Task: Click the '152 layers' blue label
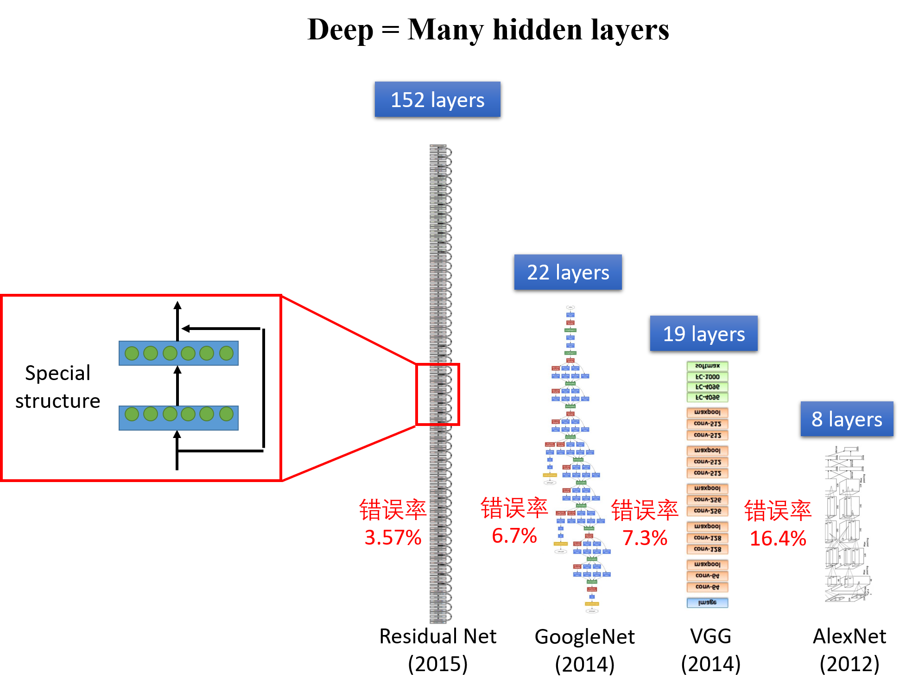[437, 99]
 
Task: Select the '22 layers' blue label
[568, 272]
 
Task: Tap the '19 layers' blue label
[703, 333]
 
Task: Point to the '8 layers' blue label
[847, 419]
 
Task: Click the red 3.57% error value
[393, 538]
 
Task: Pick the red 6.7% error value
[514, 536]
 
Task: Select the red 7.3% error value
[645, 538]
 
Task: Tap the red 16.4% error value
[778, 538]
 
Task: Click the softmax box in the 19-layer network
[707, 366]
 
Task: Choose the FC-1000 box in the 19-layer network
[707, 377]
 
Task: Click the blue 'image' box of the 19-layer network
[707, 603]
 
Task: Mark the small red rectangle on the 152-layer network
[437, 394]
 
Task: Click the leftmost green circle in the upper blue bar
[132, 353]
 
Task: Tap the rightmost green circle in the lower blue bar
[226, 414]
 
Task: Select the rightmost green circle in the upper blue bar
[226, 353]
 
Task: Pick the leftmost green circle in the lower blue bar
[132, 414]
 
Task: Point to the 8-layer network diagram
[847, 525]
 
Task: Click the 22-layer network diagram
[579, 461]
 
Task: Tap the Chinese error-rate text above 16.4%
[778, 511]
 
